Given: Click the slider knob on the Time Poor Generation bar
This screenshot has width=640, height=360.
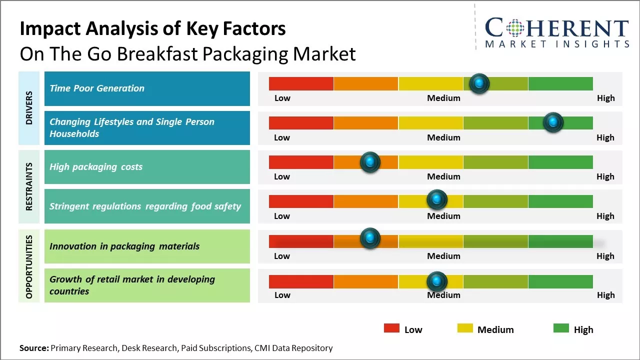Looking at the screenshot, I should point(479,83).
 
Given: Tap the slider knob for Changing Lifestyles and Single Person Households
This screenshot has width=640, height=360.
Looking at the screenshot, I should point(553,122).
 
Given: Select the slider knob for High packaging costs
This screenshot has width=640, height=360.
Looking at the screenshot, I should point(370,162).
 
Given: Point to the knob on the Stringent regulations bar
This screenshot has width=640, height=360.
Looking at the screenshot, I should point(437,200).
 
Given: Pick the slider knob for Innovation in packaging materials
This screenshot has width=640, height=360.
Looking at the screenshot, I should point(370,239).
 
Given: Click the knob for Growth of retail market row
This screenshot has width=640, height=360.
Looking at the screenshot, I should point(437,281).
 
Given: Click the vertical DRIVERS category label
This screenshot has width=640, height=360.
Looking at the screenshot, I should point(29,108).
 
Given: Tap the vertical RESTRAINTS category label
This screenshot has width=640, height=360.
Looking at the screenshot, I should point(29,186).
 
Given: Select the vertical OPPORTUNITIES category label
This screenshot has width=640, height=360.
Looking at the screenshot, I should point(29,266).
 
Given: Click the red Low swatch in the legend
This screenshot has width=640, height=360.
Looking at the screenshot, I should point(391,328).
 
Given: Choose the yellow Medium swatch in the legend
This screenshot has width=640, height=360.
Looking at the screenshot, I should point(465,328).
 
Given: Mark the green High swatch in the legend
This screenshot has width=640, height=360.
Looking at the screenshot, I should point(561,328).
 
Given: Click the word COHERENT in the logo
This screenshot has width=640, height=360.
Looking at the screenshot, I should point(557,28).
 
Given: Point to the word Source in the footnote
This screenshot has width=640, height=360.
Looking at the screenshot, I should point(33,348).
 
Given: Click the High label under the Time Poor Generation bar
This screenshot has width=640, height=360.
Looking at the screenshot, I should point(605,98).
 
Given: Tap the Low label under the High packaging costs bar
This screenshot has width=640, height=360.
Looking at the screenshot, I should point(282,176).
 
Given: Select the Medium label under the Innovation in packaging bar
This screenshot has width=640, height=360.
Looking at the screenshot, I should point(443,256).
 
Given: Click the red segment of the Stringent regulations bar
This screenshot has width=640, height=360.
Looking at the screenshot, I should point(301,201).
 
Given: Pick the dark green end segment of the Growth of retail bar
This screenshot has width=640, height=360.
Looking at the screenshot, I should point(560,281).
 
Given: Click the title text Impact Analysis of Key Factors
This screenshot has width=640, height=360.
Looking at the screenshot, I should point(152,29).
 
